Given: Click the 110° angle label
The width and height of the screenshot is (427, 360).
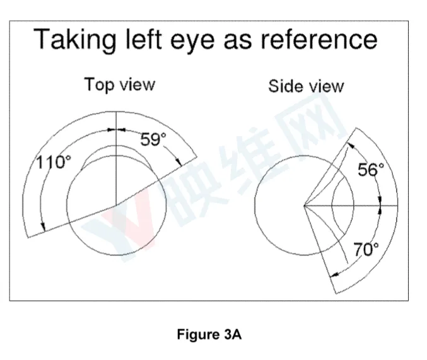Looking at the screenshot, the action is tap(54, 162).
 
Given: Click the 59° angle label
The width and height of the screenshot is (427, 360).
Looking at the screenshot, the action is tap(153, 139).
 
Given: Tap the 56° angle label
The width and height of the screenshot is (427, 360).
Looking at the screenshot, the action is tap(371, 170).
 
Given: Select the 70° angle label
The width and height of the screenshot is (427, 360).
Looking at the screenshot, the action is tap(366, 249).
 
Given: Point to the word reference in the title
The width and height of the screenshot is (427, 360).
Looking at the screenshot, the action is tap(319, 40).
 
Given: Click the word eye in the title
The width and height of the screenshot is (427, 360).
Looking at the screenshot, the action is tap(192, 42).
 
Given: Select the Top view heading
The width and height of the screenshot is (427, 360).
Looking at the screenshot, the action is tap(120, 84).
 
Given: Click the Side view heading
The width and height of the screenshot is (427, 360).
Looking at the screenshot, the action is tap(306, 86).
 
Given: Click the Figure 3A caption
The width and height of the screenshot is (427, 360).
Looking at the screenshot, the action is tap(209, 334).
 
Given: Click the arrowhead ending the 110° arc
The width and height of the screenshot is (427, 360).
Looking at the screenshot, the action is tap(43, 226).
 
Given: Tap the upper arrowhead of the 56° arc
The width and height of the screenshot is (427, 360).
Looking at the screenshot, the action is tap(351, 145).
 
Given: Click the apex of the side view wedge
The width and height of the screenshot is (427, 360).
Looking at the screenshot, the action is tap(304, 206).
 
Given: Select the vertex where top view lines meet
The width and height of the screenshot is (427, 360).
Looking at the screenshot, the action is tap(117, 205).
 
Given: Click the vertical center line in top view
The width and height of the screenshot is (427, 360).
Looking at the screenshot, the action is tap(117, 158).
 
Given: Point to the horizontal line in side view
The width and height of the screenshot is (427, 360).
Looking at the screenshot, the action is tap(351, 206).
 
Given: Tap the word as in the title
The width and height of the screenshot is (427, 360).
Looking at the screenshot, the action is tap(237, 42).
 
